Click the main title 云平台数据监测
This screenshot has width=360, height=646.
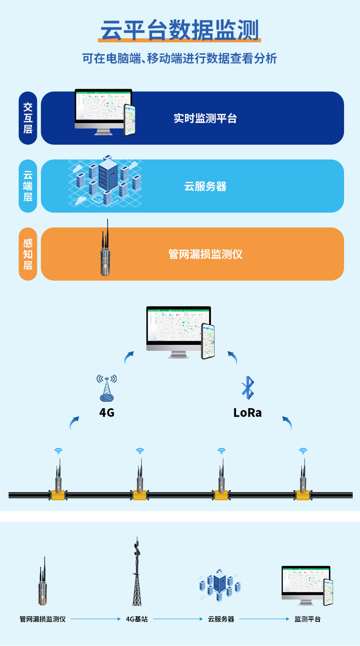pyautogui.click(x=180, y=31)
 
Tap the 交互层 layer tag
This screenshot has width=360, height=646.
pyautogui.click(x=28, y=118)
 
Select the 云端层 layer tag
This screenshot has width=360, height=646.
pyautogui.click(x=28, y=186)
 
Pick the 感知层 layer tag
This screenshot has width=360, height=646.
pyautogui.click(x=28, y=254)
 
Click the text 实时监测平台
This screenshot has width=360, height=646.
pyautogui.click(x=205, y=118)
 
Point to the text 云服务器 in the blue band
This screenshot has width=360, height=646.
pyautogui.click(x=205, y=186)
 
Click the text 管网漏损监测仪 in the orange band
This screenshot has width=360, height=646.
pyautogui.click(x=205, y=254)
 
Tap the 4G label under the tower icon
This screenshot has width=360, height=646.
pyautogui.click(x=107, y=413)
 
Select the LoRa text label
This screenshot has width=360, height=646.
pyautogui.click(x=247, y=413)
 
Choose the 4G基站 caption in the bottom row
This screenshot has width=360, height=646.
pyautogui.click(x=137, y=619)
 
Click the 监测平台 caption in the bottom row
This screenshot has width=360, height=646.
pyautogui.click(x=308, y=619)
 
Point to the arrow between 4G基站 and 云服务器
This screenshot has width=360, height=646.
pyautogui.click(x=178, y=619)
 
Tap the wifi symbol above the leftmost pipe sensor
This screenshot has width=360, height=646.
pyautogui.click(x=58, y=451)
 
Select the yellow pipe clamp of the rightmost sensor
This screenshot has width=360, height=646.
pyautogui.click(x=302, y=495)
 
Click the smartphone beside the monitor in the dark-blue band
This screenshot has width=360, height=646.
pyautogui.click(x=130, y=120)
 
